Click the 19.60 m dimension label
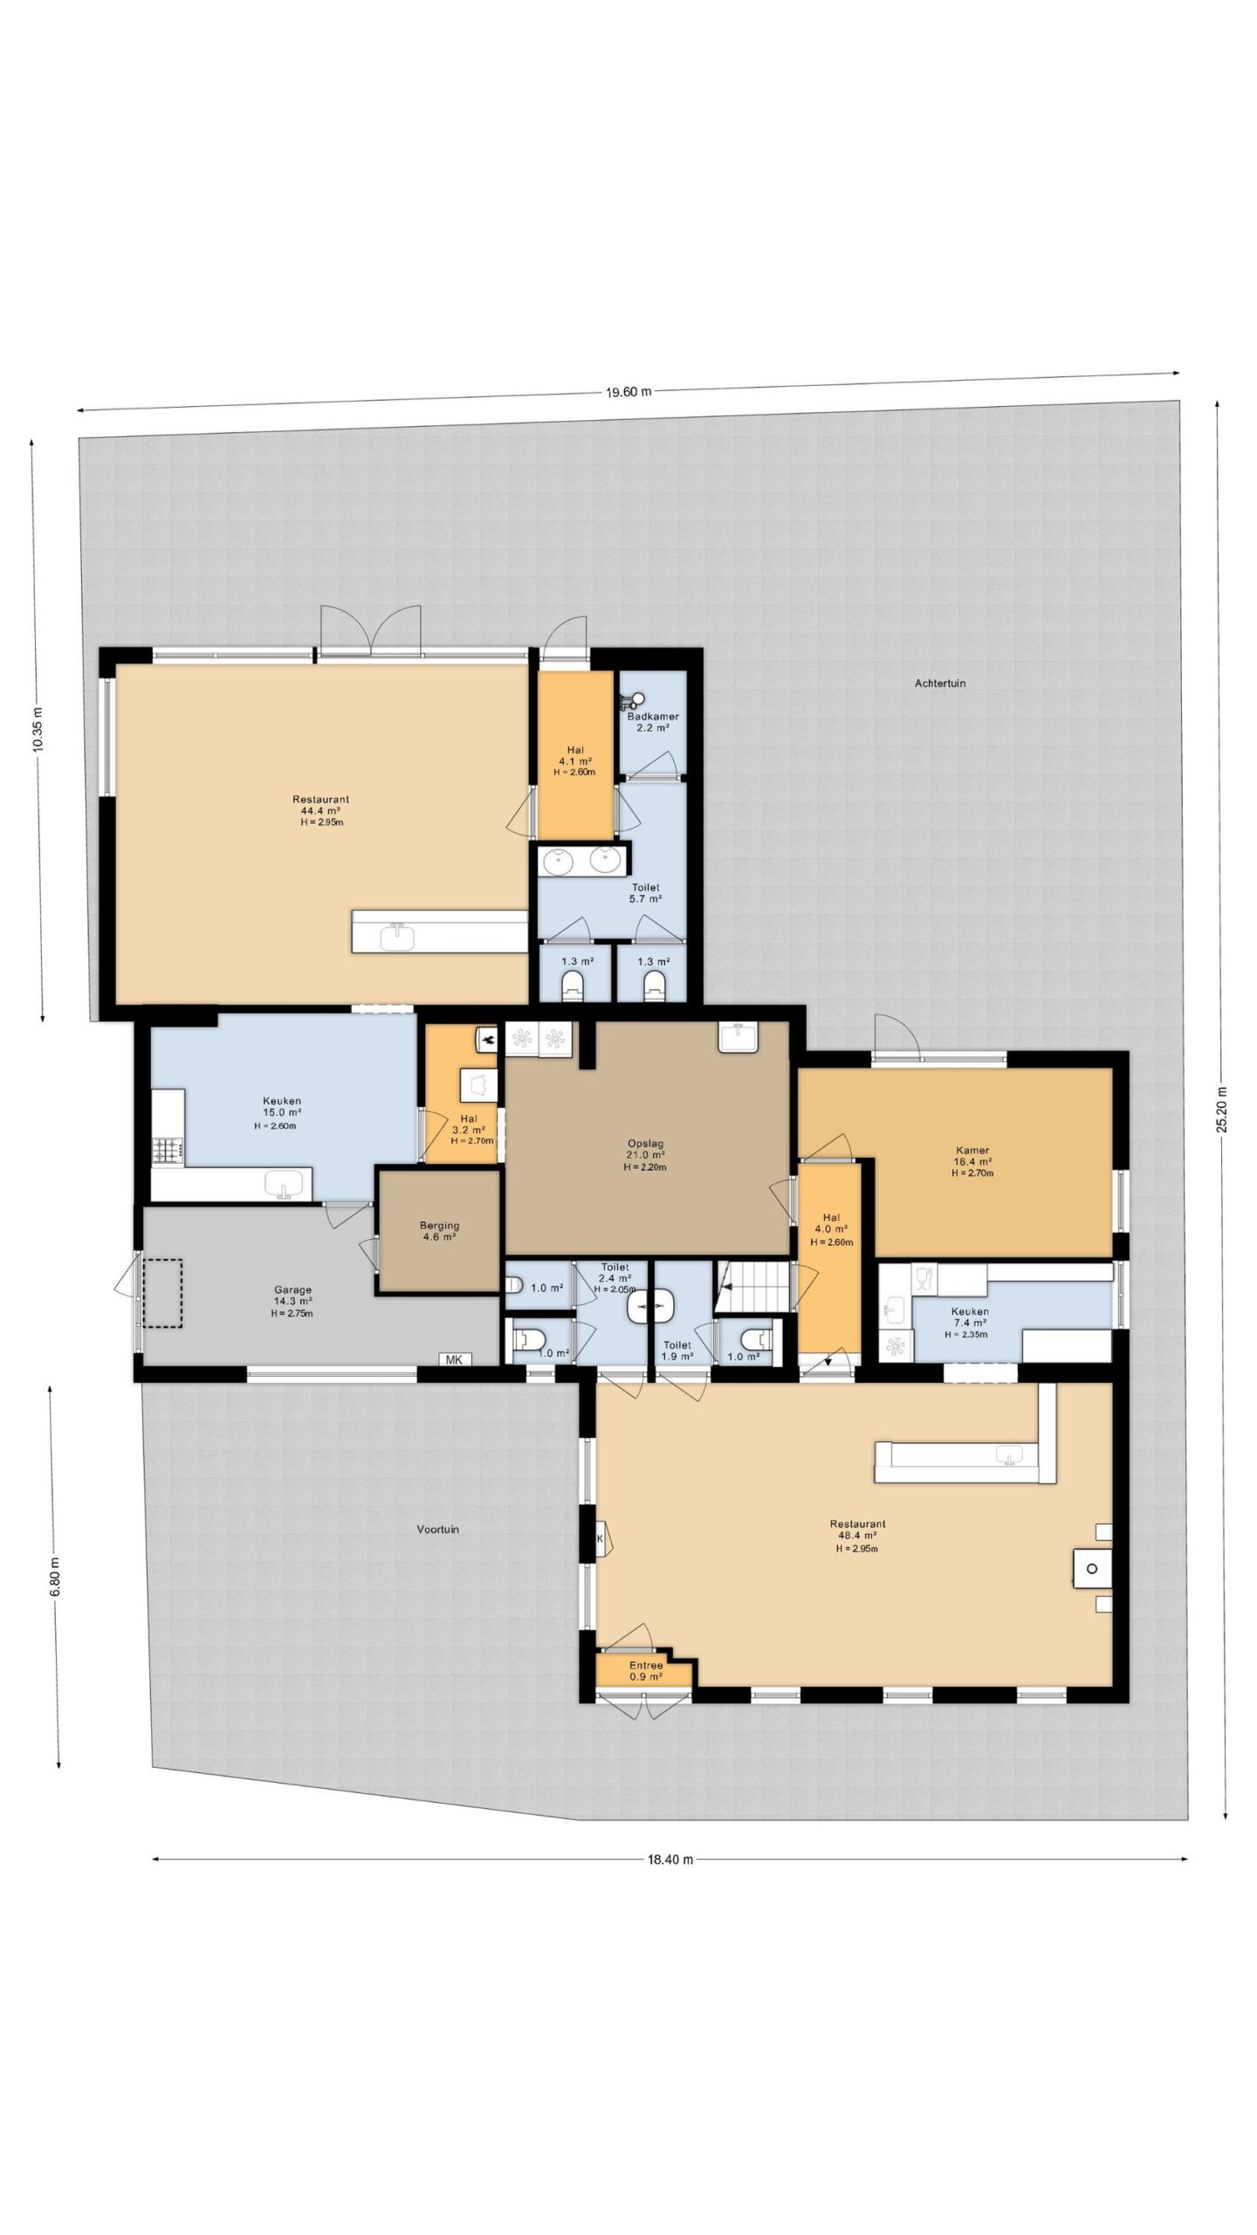pyautogui.click(x=628, y=392)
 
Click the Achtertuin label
pyautogui.click(x=939, y=684)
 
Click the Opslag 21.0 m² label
pyautogui.click(x=646, y=1154)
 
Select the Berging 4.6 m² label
pyautogui.click(x=439, y=1230)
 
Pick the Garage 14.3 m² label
pyautogui.click(x=292, y=1300)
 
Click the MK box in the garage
pyautogui.click(x=454, y=1359)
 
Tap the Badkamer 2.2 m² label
pyautogui.click(x=652, y=721)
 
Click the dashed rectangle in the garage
pyautogui.click(x=163, y=1292)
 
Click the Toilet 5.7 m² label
pyautogui.click(x=645, y=892)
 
